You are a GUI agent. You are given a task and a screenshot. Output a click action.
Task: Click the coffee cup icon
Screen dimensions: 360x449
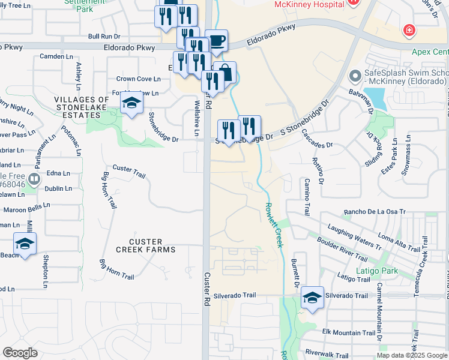217,41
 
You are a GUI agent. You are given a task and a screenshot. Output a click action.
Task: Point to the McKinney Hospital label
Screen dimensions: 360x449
309,4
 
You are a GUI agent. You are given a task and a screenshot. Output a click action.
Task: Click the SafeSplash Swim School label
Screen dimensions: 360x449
406,77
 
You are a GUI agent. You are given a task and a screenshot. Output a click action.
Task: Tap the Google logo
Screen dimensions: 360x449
20,353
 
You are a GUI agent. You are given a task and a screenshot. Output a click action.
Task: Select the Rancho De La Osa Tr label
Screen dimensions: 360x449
375,212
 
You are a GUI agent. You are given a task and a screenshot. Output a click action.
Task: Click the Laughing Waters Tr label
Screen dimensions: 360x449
354,236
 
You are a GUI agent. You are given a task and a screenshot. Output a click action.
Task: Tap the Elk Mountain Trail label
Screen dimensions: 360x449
349,332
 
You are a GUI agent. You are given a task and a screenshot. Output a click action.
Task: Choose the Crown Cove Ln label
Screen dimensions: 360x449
138,79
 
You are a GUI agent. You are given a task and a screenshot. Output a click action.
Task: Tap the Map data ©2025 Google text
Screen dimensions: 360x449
411,355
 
